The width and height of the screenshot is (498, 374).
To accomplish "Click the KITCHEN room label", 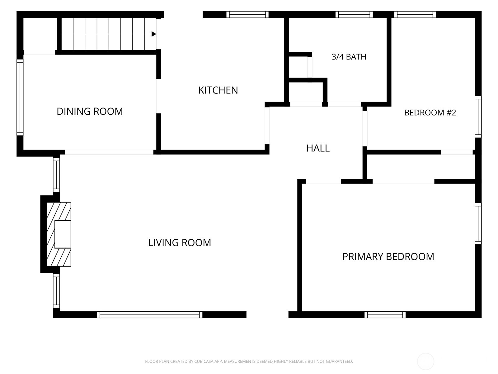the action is (218, 90).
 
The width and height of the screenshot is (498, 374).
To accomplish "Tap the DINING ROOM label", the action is (90, 111).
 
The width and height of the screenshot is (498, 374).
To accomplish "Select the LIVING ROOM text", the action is (180, 242).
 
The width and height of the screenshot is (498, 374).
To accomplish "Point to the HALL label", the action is (318, 148).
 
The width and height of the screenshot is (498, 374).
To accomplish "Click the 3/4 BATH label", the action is (349, 56).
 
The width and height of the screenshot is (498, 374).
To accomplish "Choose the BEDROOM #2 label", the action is (430, 113).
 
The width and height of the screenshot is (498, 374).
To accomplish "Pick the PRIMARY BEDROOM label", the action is (388, 257).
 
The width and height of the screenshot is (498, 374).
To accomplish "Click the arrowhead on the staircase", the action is (153, 34).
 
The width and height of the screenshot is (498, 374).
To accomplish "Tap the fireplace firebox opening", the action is (63, 234).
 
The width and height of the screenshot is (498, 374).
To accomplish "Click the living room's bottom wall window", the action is (149, 314).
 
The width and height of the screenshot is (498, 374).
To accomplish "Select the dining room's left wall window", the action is (20, 98).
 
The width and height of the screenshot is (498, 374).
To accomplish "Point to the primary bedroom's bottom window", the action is (385, 314).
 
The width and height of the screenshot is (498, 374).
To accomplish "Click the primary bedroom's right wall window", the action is (478, 224).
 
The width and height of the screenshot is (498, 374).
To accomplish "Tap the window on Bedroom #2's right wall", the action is (478, 117).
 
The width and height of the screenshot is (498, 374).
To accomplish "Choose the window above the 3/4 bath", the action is (354, 15).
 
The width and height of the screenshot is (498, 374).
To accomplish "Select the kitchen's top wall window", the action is (247, 15).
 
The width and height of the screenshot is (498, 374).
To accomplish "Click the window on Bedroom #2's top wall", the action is (415, 15).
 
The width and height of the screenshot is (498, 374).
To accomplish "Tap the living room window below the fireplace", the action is (57, 291).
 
